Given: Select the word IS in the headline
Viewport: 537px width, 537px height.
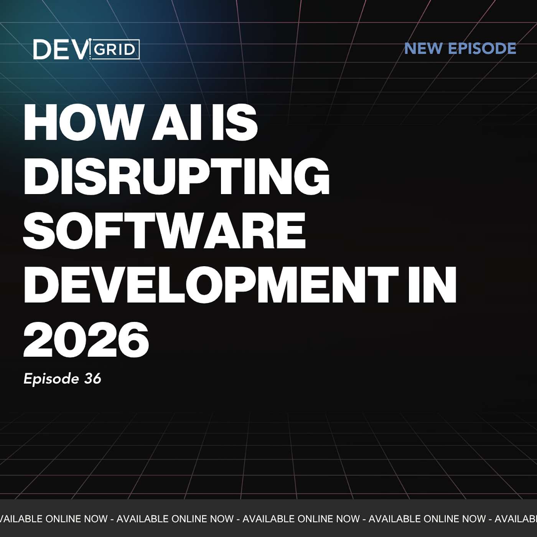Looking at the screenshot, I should point(234,123).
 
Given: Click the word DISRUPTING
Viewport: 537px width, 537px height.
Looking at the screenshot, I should point(176,177).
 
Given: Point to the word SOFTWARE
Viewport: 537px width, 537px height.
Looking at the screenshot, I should point(164,231).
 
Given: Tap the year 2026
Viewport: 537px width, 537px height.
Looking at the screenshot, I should point(86,339).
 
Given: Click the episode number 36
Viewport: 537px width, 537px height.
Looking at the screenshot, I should point(92,379).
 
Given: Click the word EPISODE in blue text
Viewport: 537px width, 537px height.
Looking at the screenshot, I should point(482,48).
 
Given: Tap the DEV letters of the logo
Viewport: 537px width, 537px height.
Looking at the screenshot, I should point(59,49).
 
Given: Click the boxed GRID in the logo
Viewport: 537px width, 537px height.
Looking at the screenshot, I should point(114,49).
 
